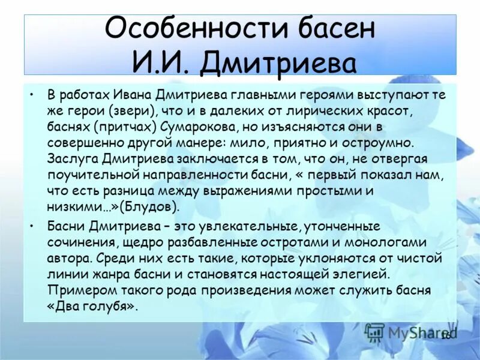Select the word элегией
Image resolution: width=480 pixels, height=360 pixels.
364,274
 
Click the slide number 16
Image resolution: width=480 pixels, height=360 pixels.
446,335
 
